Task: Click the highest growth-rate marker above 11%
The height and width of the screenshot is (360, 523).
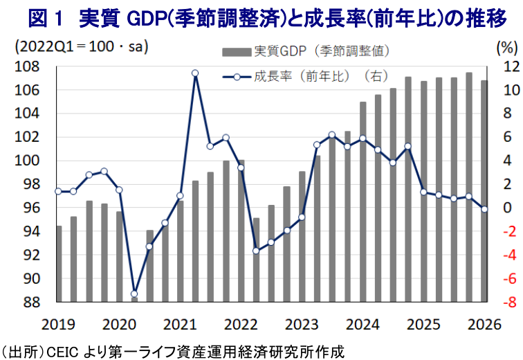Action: click(195, 73)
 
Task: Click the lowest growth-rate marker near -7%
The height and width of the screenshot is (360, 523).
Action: click(134, 294)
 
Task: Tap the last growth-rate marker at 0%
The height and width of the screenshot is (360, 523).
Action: click(484, 209)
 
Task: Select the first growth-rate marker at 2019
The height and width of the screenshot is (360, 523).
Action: click(58, 191)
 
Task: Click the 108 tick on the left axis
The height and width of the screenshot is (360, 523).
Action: click(27, 66)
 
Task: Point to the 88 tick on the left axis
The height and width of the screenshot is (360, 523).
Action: click(32, 303)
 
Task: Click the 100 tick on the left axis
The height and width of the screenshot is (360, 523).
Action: click(27, 161)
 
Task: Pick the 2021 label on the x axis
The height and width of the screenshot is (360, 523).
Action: click(180, 324)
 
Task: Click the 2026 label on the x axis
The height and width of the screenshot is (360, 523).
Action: click(484, 324)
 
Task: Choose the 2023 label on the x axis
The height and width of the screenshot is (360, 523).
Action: click(302, 324)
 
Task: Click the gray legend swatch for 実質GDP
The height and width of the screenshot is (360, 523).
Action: click(237, 53)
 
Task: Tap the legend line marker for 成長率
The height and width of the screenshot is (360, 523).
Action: click(237, 78)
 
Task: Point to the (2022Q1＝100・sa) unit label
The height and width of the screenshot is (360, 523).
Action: click(81, 46)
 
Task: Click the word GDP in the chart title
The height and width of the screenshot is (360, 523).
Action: click(147, 19)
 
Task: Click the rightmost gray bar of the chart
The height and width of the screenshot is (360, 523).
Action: click(484, 191)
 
